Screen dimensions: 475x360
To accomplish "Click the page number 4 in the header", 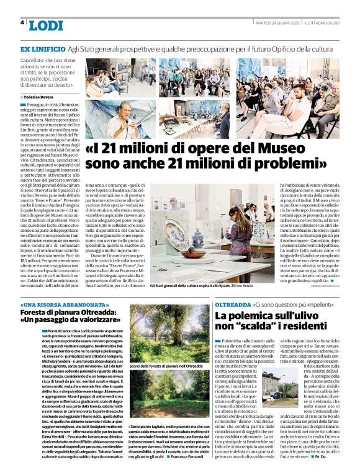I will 22,23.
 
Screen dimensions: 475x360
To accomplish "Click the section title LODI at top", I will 45,25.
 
